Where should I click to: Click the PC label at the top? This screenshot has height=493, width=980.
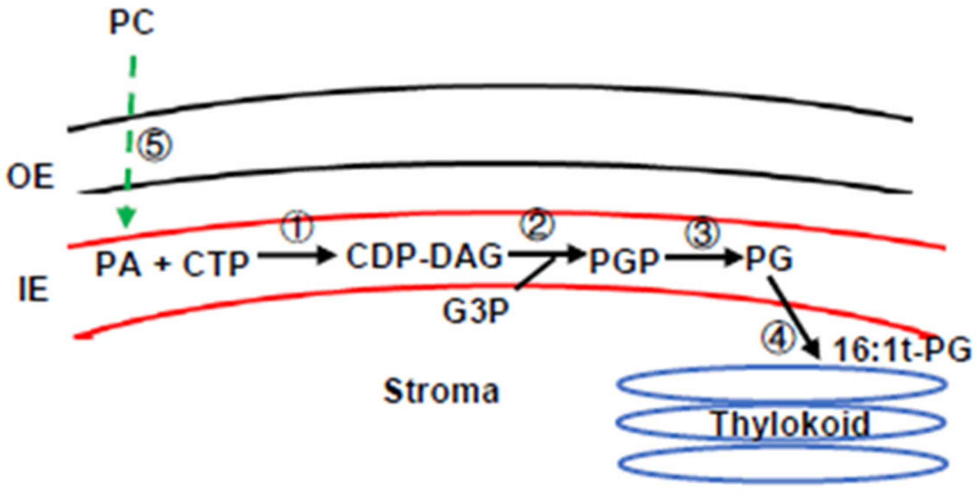coord(132,23)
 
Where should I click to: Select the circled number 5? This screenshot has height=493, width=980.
coord(154,146)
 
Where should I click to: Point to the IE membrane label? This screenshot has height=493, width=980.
coord(33,289)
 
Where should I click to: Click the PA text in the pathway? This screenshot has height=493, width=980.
coord(119,264)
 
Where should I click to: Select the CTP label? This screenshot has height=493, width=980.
coord(216,264)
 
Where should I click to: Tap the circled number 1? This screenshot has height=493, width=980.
coord(297,227)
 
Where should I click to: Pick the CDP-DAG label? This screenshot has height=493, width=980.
coord(424,257)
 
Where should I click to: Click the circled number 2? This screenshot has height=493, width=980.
coord(537,224)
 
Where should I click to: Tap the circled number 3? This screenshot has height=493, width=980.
coord(702,233)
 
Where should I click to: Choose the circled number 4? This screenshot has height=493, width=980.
coord(778,338)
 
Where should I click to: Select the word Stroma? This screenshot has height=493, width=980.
coord(441,391)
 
